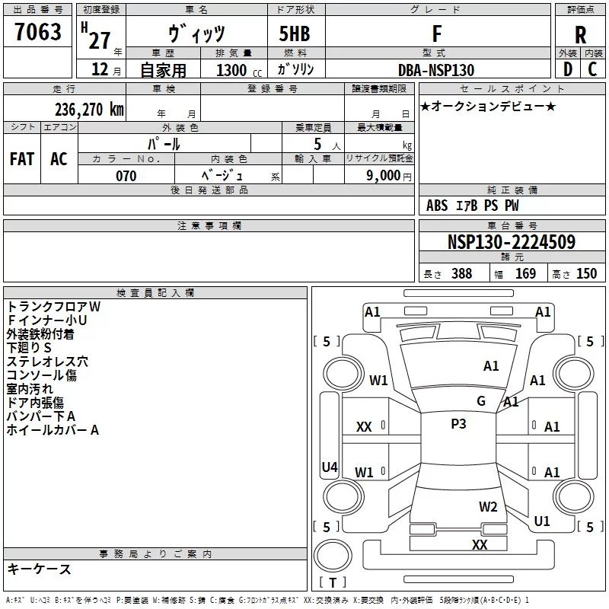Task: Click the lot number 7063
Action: [x=37, y=31]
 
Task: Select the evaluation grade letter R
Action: [x=580, y=35]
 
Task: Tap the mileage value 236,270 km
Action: [x=89, y=110]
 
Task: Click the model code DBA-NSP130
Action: [x=436, y=70]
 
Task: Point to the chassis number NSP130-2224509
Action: [x=512, y=242]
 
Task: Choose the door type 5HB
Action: [x=295, y=33]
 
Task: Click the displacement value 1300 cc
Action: [x=239, y=70]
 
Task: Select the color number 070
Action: [x=126, y=176]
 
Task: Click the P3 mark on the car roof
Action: [x=458, y=424]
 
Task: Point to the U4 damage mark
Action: [x=330, y=467]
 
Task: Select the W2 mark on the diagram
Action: [x=488, y=506]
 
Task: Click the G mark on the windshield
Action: [x=481, y=400]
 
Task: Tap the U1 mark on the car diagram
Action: [x=542, y=521]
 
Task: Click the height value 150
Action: [x=586, y=273]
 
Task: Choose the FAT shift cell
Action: [x=22, y=159]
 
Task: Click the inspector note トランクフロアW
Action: [x=53, y=307]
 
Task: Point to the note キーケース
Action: [x=39, y=569]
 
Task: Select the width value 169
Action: [x=525, y=273]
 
